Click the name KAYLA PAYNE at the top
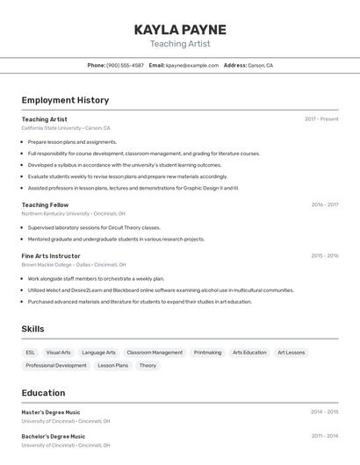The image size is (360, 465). point(180,30)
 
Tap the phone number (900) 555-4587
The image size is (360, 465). point(125,65)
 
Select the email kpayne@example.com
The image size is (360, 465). point(192,65)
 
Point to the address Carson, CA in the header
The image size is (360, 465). point(260,65)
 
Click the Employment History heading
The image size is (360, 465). point(65,100)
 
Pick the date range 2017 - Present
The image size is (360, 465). point(321,119)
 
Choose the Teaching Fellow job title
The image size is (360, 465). point(45,204)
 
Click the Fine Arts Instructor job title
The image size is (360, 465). point(51,256)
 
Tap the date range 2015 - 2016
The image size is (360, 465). point(324,256)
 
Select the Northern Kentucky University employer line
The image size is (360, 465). point(74,213)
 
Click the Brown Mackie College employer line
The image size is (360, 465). point(74,264)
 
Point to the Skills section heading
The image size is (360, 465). point(33,329)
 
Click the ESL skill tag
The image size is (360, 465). point(31,353)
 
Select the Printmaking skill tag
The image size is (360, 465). point(207,353)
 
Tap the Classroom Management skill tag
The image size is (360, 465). point(155,353)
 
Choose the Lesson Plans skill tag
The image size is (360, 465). point(112,366)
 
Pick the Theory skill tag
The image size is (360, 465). point(148,366)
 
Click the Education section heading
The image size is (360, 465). point(43,393)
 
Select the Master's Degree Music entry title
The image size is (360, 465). point(51,412)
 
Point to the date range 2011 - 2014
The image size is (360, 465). point(324,436)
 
